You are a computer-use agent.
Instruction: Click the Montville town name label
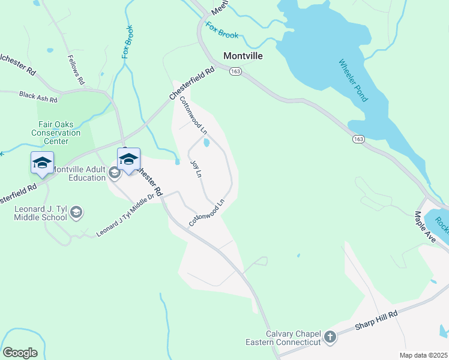[x=244, y=55]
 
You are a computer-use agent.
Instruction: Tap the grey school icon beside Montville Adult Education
[x=115, y=173]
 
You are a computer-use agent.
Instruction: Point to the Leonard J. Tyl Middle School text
[x=40, y=212]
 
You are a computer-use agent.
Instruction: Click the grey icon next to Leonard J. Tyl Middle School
[x=76, y=212]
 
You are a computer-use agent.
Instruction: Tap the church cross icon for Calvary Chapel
[x=330, y=337]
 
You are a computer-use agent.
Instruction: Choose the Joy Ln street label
[x=195, y=169]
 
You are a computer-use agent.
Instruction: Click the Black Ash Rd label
[x=38, y=95]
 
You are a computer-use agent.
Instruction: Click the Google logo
[x=20, y=353]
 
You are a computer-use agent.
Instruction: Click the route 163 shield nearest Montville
[x=235, y=71]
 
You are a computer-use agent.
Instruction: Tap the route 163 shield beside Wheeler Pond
[x=358, y=139]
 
